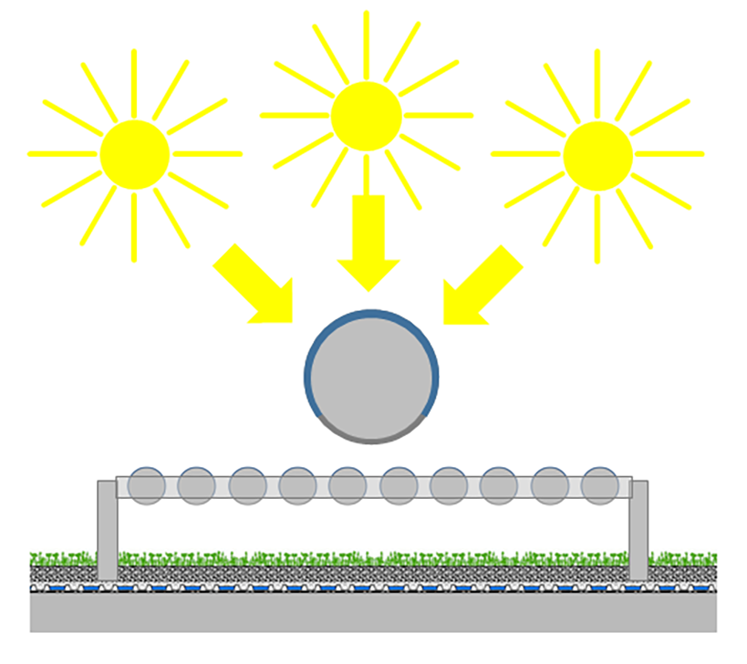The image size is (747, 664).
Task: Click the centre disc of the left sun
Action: [135, 154]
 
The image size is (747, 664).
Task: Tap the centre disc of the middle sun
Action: [367, 116]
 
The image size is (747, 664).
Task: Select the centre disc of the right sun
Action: [597, 155]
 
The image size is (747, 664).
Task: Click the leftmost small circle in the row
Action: [146, 485]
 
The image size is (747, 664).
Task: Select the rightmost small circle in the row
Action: [599, 485]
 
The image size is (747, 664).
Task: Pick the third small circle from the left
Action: [247, 485]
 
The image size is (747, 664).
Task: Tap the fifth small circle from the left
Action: [348, 485]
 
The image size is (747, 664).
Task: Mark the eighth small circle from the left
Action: [499, 485]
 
